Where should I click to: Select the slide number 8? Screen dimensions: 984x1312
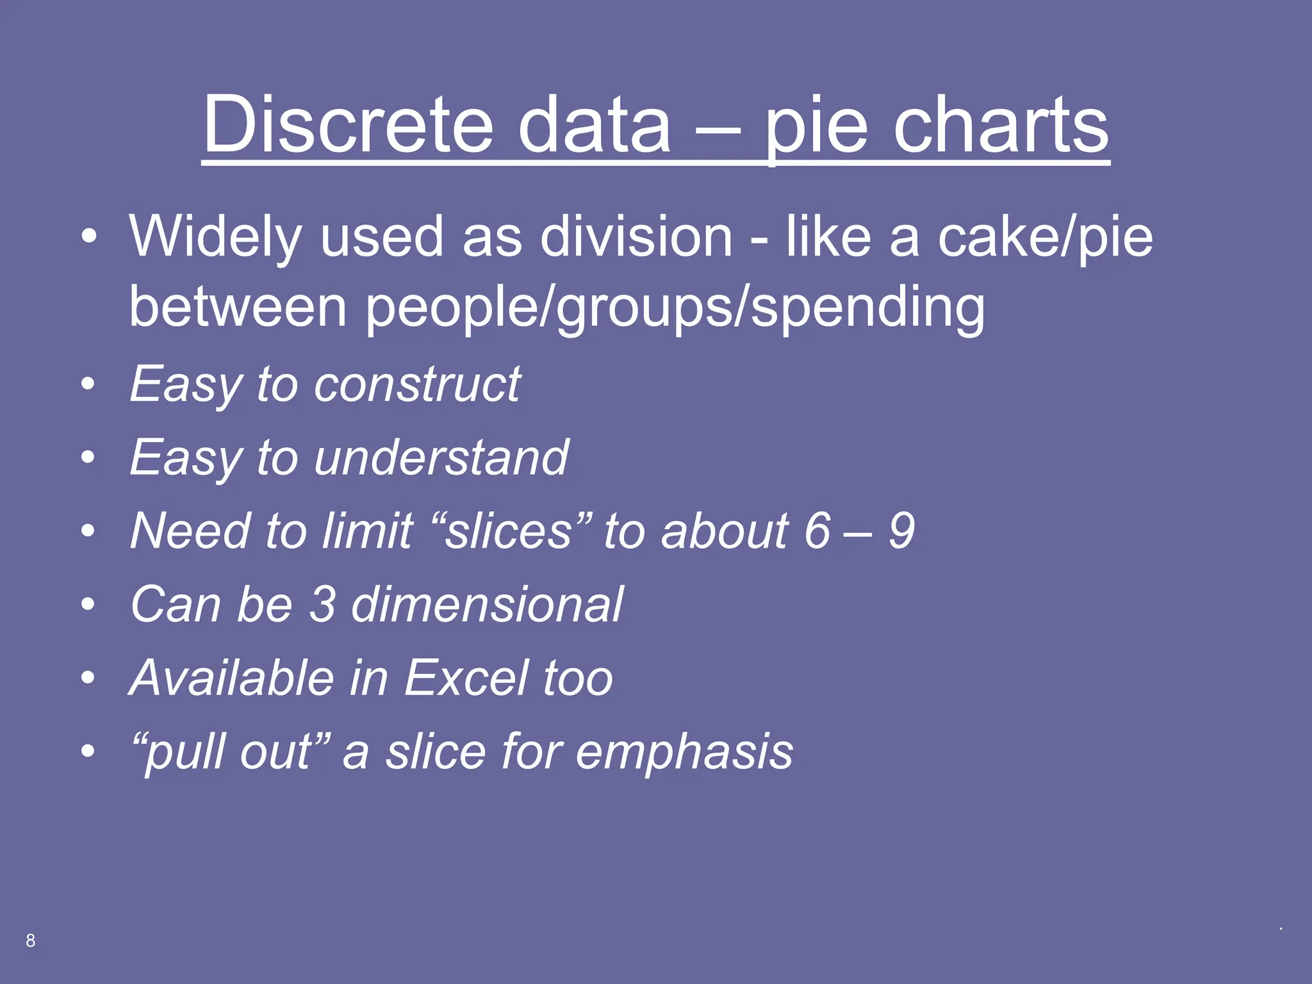pos(30,940)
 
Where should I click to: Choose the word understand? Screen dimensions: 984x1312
pos(441,457)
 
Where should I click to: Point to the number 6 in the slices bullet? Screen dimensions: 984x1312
pos(817,531)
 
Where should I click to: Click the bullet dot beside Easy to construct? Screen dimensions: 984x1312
pos(88,384)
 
